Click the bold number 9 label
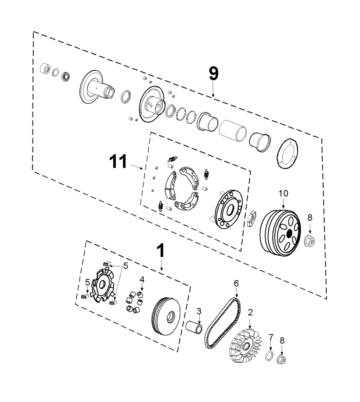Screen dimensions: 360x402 (214, 73)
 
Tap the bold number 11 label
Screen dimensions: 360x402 (118, 161)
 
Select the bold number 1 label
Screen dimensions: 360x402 (161, 250)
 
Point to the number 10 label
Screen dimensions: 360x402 (283, 193)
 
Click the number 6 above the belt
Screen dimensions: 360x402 (236, 283)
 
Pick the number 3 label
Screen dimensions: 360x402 (199, 311)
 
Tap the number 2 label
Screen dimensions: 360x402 (250, 312)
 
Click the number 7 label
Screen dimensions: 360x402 (271, 337)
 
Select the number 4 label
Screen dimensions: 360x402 (142, 279)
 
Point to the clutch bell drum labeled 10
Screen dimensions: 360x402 (280, 233)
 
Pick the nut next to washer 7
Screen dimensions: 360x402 (281, 359)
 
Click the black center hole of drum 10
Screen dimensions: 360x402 (290, 233)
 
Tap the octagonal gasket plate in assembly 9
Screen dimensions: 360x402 (288, 154)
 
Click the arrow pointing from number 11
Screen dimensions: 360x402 (137, 167)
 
